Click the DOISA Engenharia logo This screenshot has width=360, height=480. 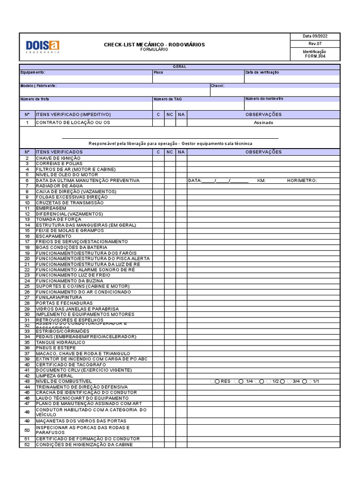[x=43, y=46]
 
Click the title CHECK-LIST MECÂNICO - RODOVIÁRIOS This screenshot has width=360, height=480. [x=154, y=45]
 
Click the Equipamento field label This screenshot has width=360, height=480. [x=33, y=72]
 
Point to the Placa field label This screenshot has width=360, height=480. [x=158, y=72]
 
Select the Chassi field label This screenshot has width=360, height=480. [x=217, y=86]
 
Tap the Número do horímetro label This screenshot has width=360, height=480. [x=264, y=99]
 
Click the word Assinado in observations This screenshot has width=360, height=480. [x=263, y=122]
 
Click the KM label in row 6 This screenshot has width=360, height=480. [x=262, y=180]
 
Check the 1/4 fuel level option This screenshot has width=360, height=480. [x=241, y=382]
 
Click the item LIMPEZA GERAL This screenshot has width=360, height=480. [x=54, y=376]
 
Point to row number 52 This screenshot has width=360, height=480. [x=27, y=444]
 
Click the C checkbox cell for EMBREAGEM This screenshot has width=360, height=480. [x=158, y=208]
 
